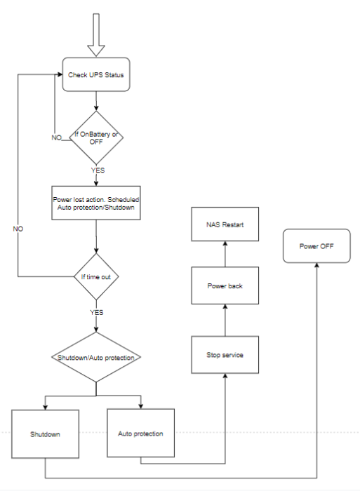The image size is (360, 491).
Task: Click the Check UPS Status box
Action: [x=95, y=74]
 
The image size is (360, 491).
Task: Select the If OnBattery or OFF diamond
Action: [x=95, y=137]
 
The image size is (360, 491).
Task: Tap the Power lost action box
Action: [x=95, y=203]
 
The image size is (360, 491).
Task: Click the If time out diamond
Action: [x=95, y=277]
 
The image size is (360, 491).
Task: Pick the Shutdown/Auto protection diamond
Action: [x=95, y=357]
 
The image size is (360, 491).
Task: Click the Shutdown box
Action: [x=44, y=434]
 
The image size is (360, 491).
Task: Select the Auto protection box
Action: [x=141, y=433]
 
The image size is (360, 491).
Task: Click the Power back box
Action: [x=225, y=286]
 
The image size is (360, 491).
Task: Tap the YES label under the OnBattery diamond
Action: [x=98, y=170]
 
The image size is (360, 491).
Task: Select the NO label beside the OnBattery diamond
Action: [x=57, y=137]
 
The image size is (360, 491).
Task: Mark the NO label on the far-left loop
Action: [x=19, y=229]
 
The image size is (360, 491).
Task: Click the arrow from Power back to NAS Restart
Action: [x=225, y=253]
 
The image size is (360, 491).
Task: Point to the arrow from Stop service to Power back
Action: [x=225, y=320]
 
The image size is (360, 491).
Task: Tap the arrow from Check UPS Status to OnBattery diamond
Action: [x=95, y=100]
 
